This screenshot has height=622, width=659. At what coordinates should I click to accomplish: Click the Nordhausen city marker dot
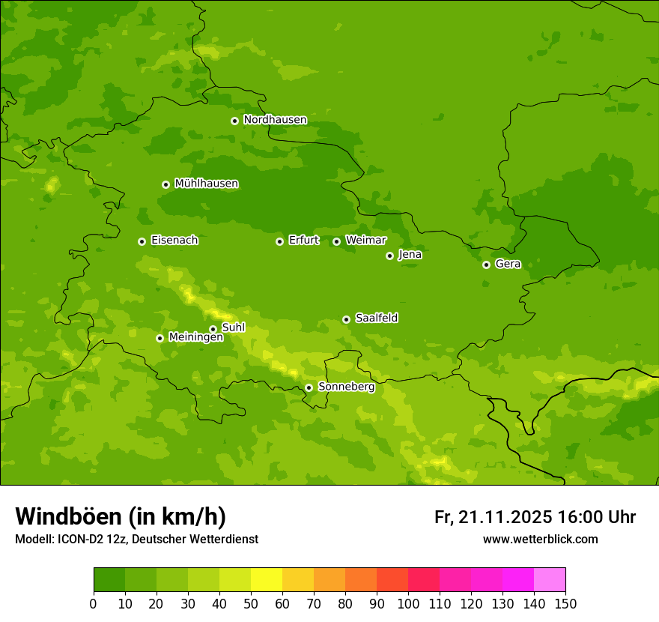234,121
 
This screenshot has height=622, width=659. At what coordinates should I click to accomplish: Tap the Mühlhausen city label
206,184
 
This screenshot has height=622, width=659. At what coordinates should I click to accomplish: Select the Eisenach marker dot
142,241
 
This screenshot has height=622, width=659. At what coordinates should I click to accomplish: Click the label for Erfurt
303,241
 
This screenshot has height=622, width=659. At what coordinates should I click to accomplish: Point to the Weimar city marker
336,241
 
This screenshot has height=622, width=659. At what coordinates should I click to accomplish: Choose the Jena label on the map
410,255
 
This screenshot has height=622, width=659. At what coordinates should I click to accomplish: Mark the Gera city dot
486,265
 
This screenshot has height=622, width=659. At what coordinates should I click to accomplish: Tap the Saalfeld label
376,318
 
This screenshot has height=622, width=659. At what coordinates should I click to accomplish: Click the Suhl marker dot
213,329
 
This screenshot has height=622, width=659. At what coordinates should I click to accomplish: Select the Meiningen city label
195,338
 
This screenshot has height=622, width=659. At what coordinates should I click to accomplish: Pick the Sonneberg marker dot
309,387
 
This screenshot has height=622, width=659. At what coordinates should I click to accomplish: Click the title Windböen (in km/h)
120,516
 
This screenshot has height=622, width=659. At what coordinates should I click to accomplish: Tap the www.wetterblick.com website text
540,540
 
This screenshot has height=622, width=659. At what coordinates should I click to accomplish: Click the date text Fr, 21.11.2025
494,517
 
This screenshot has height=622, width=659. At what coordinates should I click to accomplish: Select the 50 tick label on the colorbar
251,603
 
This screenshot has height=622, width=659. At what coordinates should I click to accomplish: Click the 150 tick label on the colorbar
565,603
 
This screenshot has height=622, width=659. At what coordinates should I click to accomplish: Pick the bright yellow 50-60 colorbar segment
267,580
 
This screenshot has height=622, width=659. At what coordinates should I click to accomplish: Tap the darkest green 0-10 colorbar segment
109,580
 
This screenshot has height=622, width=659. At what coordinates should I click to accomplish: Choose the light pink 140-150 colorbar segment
550,580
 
